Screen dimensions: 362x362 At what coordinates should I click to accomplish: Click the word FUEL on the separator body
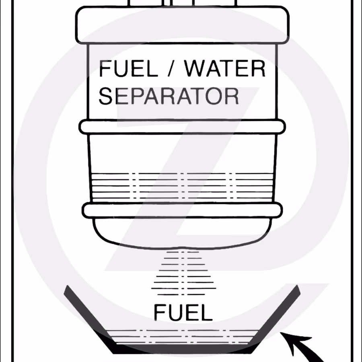coord(128,68)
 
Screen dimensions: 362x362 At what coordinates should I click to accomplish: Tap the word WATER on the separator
coord(225,68)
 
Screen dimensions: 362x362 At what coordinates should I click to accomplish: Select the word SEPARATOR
coord(169,96)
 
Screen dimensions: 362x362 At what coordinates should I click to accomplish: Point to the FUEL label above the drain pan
coord(183,313)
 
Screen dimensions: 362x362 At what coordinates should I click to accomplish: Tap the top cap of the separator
coord(182,25)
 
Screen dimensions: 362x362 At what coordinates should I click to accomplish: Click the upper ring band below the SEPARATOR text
coord(182,127)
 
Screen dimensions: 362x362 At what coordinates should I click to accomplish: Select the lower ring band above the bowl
coord(182,210)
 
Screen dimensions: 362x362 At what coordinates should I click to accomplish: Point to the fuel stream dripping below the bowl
coord(183,274)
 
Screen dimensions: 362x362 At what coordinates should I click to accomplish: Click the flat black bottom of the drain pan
coord(182,349)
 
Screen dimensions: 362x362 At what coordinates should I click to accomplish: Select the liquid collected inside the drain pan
coord(182,337)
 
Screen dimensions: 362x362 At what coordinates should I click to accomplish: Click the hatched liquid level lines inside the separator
coord(182,186)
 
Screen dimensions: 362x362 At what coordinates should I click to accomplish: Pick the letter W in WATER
coord(195,68)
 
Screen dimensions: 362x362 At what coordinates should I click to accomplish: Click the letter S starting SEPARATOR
coord(105,96)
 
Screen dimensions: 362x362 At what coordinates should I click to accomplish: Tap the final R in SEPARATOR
coord(232,96)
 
